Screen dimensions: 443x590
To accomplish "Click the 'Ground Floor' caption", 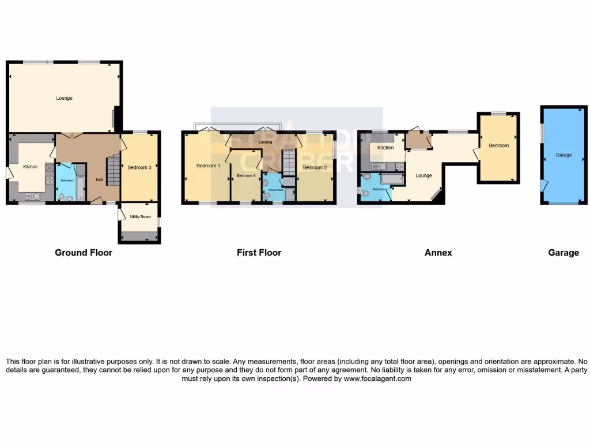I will coord(84,253).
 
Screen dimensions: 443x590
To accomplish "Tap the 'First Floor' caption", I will coord(259,253).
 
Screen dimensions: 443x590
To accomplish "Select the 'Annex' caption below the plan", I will coord(438,253).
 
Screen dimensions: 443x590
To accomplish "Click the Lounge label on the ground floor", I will coord(64,98).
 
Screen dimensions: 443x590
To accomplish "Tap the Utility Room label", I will coord(139,216).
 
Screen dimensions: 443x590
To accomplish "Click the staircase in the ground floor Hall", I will coord(113,170).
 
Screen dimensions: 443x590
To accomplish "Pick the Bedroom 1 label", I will coord(208,166).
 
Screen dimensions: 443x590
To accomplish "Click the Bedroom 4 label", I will coord(245,175).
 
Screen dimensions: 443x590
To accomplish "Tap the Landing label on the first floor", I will coord(265,142).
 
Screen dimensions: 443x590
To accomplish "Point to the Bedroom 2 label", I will coord(315,168).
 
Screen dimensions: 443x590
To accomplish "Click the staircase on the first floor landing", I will coord(289,160).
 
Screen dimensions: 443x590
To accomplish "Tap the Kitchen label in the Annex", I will coord(385,148).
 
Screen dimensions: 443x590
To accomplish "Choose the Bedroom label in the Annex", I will coord(498,146).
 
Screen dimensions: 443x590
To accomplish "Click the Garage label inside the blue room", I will coord(563,155).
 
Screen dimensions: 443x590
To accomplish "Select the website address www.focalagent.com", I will coord(377,379).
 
